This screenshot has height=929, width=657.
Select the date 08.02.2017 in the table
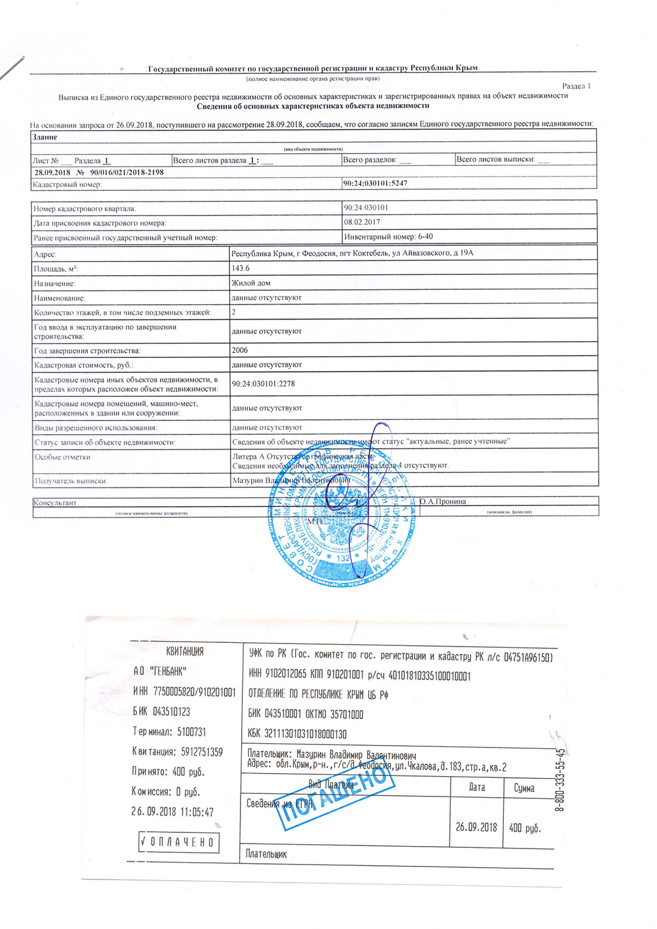(362, 222)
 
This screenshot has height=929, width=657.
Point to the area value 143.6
(240, 268)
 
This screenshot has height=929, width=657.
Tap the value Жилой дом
(251, 283)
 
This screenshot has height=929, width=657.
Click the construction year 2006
(240, 350)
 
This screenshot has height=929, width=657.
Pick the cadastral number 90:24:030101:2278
(263, 384)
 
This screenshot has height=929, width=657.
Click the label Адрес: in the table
(45, 254)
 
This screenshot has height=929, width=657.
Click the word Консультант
(55, 503)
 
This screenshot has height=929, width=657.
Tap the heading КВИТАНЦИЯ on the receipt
(185, 651)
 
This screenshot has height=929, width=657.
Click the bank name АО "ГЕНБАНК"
(160, 671)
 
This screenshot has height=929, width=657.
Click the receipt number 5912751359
(202, 752)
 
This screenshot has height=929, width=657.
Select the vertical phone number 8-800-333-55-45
(560, 780)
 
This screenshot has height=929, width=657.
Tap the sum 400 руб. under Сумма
(524, 827)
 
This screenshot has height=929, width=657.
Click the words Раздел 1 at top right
(576, 86)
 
